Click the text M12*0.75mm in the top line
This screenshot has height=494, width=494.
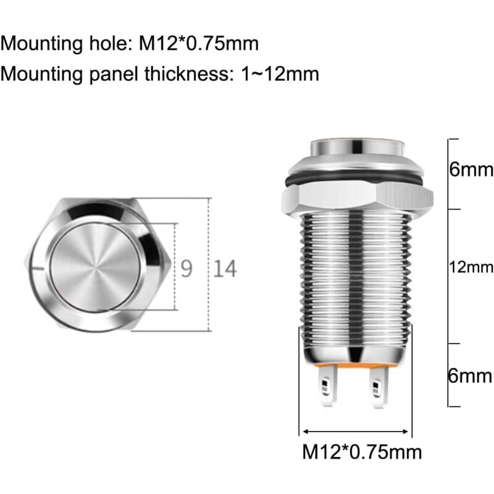point(199,43)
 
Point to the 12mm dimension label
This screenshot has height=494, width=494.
point(471,267)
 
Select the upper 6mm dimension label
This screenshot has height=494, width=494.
point(471,170)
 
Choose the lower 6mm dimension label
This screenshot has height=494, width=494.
point(471,375)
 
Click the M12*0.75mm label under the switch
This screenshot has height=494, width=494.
point(362,452)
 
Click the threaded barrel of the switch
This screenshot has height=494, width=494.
point(354,272)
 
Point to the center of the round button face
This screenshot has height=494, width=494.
point(92,266)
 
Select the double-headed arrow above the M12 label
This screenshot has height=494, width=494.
point(354,433)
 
